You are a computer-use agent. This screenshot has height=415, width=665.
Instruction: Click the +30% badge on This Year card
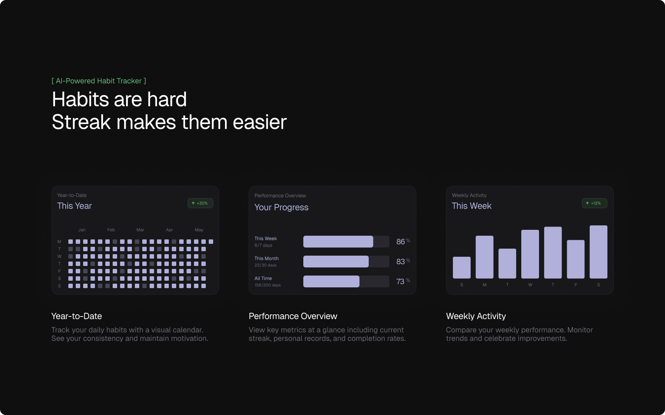pos(200,203)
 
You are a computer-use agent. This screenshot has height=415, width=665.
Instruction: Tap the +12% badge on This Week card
pos(594,203)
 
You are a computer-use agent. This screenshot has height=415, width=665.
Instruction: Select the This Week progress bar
pos(346,242)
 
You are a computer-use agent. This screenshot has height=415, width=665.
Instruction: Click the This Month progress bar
pos(346,262)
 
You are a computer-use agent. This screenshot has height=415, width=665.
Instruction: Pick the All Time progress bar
pos(346,281)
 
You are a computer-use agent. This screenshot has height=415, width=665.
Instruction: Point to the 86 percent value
pos(403,242)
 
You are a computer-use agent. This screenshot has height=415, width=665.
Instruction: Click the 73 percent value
pos(403,281)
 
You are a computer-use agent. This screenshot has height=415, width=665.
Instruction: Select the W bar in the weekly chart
pos(530,254)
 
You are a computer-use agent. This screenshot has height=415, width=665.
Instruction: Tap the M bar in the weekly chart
pos(484,257)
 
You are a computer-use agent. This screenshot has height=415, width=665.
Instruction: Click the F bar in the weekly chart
pos(576,259)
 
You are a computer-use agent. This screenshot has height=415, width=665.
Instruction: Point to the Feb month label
pos(111,230)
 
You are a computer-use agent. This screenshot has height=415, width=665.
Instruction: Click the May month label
pos(199,230)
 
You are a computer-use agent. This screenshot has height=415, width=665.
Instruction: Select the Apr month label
pos(170,230)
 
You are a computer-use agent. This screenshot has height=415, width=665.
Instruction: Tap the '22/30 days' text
pos(265,265)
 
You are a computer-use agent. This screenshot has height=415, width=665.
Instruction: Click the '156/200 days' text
pos(267,285)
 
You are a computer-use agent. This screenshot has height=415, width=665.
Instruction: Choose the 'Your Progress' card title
pos(282,207)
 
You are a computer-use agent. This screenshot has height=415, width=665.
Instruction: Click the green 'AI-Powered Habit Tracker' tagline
pos(99,81)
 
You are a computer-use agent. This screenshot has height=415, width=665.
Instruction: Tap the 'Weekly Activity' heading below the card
pos(476,316)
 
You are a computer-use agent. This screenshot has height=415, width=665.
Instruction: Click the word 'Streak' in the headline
pos(81,122)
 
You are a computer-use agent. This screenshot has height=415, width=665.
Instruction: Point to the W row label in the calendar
pos(59,256)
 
